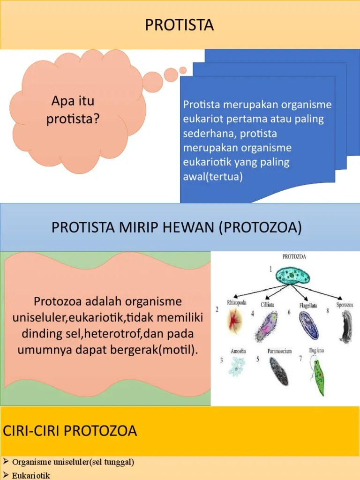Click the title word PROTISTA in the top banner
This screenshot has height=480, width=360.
180,25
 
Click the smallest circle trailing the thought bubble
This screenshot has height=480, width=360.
183,70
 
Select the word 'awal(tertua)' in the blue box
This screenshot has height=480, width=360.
213,177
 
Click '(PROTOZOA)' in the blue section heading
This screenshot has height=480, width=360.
261,227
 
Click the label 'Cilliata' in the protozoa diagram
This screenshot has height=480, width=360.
267,305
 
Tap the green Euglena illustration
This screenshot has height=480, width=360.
318,377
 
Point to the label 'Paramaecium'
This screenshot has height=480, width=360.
279,351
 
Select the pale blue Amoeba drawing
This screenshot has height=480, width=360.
237,367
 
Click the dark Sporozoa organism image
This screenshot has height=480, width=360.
346,326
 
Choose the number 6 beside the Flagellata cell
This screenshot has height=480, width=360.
289,312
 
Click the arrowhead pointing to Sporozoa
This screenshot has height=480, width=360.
339,299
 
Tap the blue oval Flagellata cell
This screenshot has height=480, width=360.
308,324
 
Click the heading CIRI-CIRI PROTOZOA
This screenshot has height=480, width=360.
70,431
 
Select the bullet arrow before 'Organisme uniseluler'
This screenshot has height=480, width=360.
6,461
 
